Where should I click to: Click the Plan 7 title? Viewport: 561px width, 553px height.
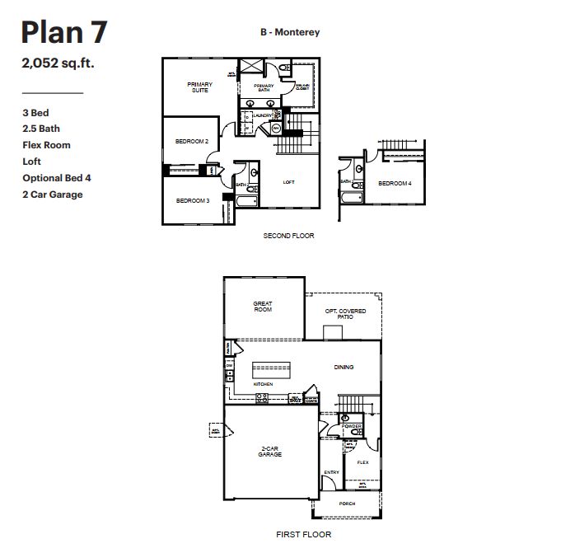click(x=63, y=32)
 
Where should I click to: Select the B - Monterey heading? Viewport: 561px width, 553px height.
click(x=288, y=32)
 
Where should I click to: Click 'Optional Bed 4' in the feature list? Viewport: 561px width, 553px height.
click(x=57, y=178)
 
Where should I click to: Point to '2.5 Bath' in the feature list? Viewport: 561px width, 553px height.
click(x=41, y=129)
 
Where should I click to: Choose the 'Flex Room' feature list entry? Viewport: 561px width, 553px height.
click(x=46, y=145)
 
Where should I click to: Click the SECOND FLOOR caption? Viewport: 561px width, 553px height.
click(x=288, y=236)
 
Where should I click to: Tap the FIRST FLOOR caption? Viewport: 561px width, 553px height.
click(x=305, y=534)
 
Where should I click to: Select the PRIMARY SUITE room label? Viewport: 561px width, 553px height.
click(x=199, y=87)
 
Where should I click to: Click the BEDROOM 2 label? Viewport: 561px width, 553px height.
click(x=192, y=142)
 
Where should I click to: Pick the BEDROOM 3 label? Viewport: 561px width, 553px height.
click(x=192, y=200)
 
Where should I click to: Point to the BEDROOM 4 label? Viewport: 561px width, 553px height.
click(x=395, y=184)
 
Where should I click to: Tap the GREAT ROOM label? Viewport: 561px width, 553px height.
click(x=263, y=307)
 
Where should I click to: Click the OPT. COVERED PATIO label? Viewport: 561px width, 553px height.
click(x=345, y=314)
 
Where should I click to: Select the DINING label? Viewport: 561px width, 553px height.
click(x=344, y=368)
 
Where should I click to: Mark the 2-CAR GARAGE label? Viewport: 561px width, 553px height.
click(x=270, y=452)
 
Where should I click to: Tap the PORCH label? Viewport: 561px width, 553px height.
click(x=347, y=504)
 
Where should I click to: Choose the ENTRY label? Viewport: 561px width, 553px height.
click(x=331, y=472)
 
